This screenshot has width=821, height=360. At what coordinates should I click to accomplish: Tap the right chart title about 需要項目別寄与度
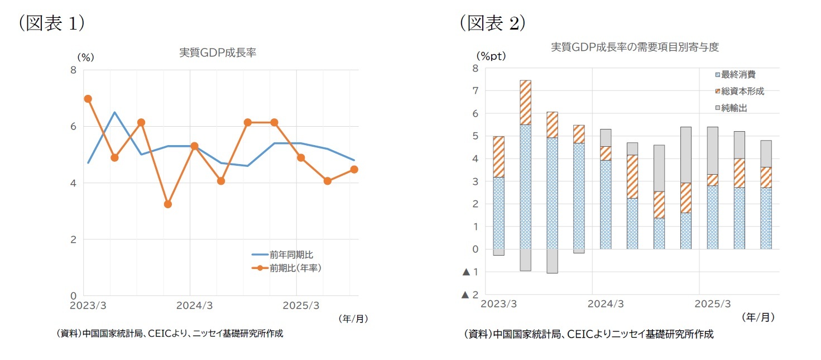pyautogui.click(x=635, y=47)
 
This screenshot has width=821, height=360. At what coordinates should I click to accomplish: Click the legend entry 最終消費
pyautogui.click(x=738, y=74)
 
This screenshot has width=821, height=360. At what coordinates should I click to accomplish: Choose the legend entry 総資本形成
pyautogui.click(x=742, y=91)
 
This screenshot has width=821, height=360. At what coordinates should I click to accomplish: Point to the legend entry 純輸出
pyautogui.click(x=733, y=108)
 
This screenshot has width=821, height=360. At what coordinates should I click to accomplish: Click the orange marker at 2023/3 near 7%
pyautogui.click(x=88, y=99)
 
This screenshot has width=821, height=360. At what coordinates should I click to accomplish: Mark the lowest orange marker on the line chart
pyautogui.click(x=168, y=204)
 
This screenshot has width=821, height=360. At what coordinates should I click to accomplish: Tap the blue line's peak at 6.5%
pyautogui.click(x=114, y=112)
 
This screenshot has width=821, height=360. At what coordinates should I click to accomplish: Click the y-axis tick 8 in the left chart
pyautogui.click(x=73, y=70)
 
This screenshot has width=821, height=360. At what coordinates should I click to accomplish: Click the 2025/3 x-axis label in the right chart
pyautogui.click(x=712, y=304)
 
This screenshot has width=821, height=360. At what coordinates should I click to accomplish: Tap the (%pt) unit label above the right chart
pyautogui.click(x=491, y=56)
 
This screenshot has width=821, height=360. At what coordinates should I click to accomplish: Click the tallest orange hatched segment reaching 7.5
pyautogui.click(x=525, y=102)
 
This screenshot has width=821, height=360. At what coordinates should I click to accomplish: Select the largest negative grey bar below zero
pyautogui.click(x=552, y=261)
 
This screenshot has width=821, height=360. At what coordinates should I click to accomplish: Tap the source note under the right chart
pyautogui.click(x=588, y=334)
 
